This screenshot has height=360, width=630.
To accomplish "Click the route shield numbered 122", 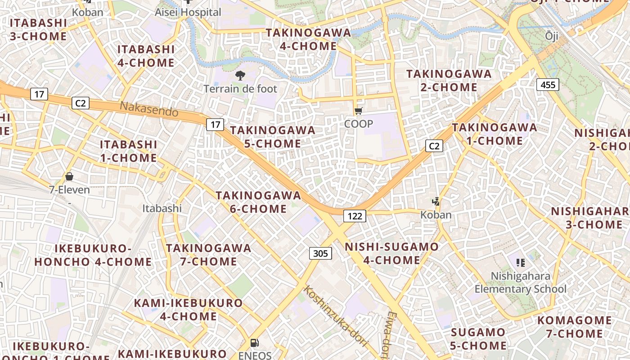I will (355, 216).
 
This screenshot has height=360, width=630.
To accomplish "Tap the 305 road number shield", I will (320, 253).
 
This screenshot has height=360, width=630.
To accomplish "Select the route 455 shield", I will (548, 84).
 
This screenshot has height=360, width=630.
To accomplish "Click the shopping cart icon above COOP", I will (358, 111).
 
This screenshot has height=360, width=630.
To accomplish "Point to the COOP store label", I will (359, 124).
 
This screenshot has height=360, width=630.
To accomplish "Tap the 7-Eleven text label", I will (69, 190).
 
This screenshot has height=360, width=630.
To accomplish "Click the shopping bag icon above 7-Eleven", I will (69, 176).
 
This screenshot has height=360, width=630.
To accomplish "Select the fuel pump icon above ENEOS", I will (254, 343).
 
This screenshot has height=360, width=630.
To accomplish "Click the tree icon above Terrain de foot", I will (240, 76).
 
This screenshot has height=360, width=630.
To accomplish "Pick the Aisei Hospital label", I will (188, 12).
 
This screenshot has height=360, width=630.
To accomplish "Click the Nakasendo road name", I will (149, 109).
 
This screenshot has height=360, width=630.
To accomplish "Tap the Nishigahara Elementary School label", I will (521, 282).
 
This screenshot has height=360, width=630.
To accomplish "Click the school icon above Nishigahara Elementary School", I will (521, 262).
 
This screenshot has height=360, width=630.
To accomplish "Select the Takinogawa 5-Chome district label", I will (273, 137).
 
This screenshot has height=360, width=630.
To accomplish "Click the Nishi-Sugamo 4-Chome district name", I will (391, 253).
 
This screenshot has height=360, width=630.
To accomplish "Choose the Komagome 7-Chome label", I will (574, 327).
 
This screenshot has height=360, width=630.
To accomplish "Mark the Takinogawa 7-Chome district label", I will (208, 255).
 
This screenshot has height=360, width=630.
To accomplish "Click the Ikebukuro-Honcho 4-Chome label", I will (93, 255).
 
